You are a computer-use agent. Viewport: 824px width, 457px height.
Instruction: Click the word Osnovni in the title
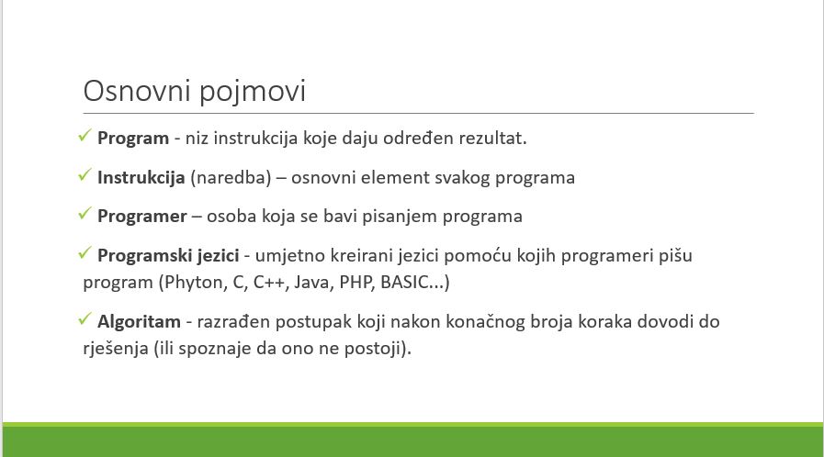pos(136,91)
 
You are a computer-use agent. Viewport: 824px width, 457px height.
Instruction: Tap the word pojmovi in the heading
pos(253,94)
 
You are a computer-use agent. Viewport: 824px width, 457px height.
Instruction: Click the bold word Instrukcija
pos(141,178)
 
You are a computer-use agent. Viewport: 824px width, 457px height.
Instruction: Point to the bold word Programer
pos(141,217)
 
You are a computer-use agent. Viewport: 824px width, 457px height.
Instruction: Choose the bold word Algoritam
pos(139,321)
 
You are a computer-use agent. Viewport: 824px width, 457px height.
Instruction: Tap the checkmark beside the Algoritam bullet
pos(85,318)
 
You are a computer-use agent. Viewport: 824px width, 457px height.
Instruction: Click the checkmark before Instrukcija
pos(85,174)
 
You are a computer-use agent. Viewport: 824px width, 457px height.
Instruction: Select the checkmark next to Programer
pos(85,214)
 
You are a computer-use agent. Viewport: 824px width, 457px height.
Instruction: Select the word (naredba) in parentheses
pos(231,178)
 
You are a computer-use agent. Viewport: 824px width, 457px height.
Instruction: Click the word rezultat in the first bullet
pos(491,139)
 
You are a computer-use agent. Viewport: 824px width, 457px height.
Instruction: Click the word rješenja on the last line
pos(116,349)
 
